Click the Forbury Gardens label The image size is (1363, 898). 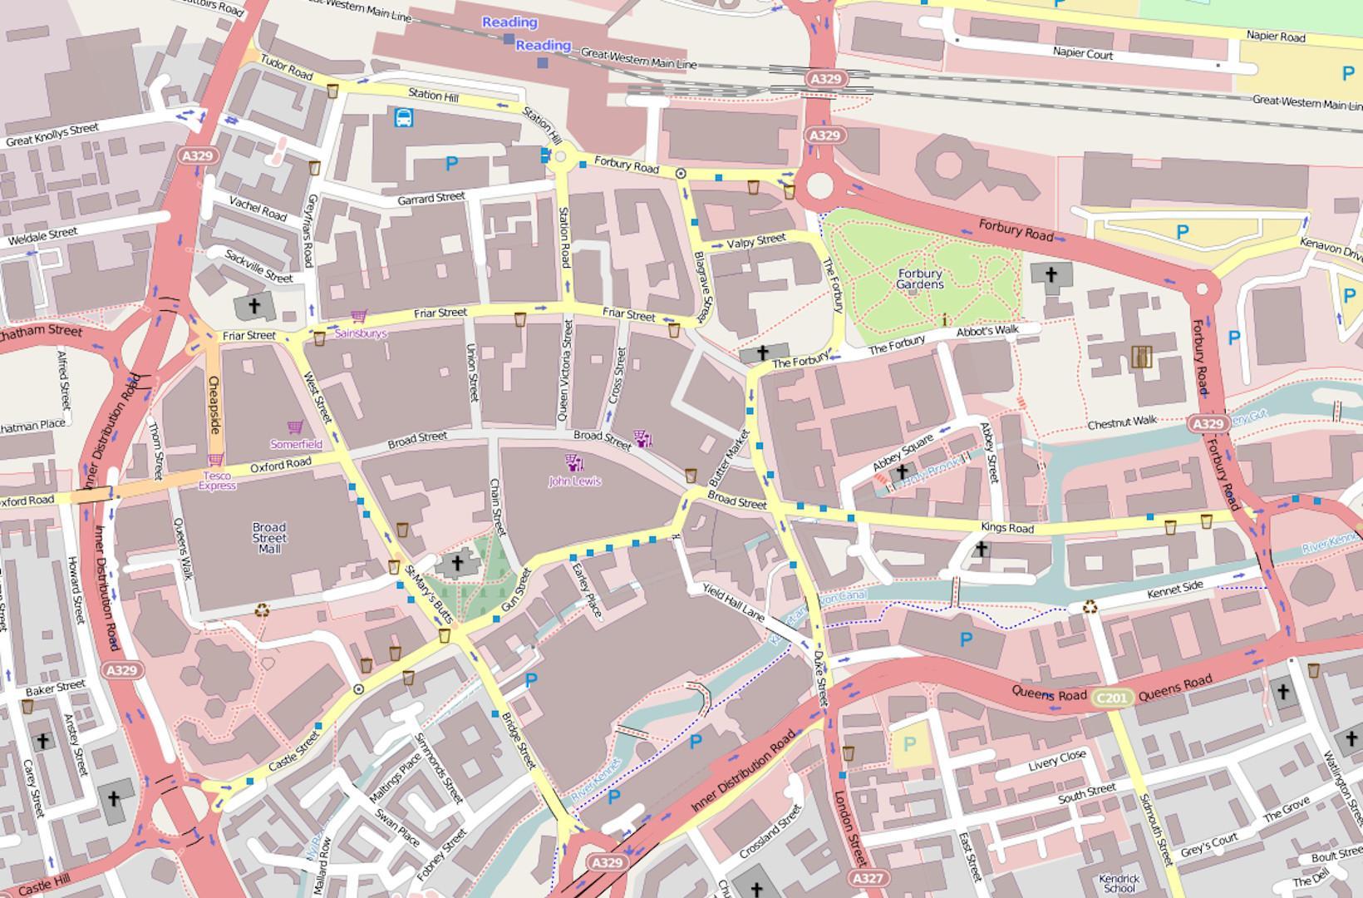[x=920, y=279]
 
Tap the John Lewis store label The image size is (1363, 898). [x=574, y=481]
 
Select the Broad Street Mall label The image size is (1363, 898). [x=269, y=538]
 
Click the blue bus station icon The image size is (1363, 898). [x=404, y=118]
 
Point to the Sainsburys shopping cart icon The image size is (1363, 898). [x=359, y=316]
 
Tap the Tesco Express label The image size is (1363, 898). [x=217, y=481]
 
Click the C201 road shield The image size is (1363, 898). [x=1112, y=697]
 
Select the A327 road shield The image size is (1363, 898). [x=868, y=878]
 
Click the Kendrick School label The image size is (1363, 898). [x=1119, y=883]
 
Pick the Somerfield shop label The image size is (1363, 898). [x=296, y=444]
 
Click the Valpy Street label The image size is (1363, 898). [x=755, y=241]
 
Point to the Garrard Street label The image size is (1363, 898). [x=431, y=199]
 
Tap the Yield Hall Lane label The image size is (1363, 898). [x=733, y=602]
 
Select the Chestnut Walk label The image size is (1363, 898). [x=1122, y=422]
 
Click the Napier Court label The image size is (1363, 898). [x=1082, y=53]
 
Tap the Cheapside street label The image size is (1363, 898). [x=214, y=405]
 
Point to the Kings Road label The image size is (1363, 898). [x=1007, y=528]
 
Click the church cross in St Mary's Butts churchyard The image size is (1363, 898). [x=456, y=564]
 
